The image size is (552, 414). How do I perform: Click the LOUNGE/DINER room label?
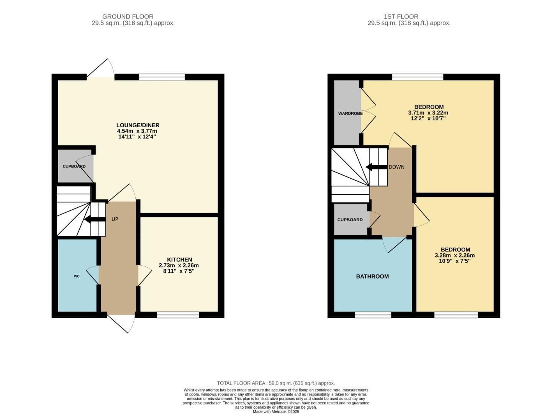(138, 125)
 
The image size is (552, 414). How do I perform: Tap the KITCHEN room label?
(179, 260)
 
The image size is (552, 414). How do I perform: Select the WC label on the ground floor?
(77, 276)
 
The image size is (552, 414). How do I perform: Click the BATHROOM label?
(372, 276)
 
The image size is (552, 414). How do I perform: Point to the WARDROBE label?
(350, 113)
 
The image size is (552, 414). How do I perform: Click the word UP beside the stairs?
(115, 219)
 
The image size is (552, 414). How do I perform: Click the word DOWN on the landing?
(396, 167)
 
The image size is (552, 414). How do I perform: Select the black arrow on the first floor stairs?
(376, 167)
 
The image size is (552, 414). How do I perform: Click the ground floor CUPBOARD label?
(74, 166)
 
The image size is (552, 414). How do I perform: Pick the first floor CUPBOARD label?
(350, 220)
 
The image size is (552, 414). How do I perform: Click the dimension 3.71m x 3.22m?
(428, 113)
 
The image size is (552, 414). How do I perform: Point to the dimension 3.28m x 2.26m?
(455, 255)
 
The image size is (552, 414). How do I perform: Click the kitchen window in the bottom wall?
(178, 315)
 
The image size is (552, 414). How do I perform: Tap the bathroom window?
(373, 315)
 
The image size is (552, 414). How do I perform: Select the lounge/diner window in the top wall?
(162, 77)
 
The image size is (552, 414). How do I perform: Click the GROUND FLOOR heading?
(128, 16)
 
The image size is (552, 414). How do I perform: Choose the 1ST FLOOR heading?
(401, 16)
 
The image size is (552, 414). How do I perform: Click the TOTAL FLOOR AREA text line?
(276, 383)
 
